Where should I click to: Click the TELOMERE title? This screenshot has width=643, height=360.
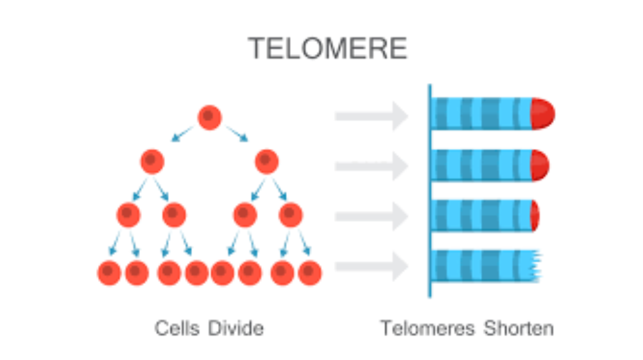tap(327, 48)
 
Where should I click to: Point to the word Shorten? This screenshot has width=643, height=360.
tap(519, 328)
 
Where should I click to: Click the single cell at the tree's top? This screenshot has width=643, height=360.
tap(210, 117)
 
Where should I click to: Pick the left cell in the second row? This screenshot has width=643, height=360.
tap(152, 162)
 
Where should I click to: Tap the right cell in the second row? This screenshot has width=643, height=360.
tap(267, 162)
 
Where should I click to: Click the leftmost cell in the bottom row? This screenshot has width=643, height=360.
tap(109, 273)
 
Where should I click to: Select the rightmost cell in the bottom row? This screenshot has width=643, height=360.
tap(310, 273)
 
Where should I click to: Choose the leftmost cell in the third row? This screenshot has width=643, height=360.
tap(128, 215)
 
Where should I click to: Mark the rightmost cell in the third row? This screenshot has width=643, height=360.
tap(291, 215)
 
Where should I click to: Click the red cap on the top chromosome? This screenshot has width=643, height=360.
tap(543, 114)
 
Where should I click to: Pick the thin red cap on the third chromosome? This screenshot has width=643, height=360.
tap(534, 215)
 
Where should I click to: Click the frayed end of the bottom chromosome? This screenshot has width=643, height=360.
tap(535, 266)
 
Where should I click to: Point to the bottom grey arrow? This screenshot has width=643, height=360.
tap(372, 266)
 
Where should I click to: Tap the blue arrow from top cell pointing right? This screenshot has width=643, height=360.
tap(237, 134)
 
